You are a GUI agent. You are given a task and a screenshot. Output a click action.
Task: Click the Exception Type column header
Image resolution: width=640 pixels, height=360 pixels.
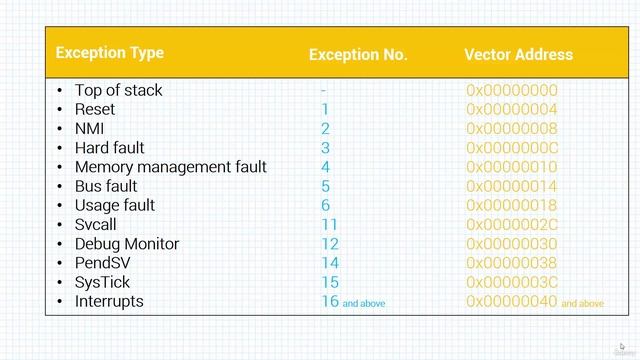point(109,53)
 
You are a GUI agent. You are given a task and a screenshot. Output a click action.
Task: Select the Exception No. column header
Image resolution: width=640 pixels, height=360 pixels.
point(358,55)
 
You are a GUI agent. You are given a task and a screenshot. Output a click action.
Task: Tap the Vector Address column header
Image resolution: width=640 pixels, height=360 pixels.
point(518,55)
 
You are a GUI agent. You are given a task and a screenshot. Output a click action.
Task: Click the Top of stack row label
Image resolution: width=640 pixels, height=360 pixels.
point(118,90)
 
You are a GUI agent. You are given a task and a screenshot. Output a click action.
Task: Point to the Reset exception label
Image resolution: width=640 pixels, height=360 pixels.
point(95,109)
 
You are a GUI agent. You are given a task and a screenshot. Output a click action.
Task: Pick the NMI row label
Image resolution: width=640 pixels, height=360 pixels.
point(89,128)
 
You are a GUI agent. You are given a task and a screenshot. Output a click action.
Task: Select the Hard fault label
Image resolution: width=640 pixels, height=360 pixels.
point(109,148)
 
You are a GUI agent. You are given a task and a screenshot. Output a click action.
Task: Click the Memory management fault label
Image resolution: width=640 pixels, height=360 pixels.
point(170,167)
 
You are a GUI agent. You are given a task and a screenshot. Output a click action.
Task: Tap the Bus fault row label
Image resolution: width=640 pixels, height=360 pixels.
point(106,186)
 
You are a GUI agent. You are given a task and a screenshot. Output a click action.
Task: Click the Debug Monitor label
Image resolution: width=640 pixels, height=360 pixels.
point(127,244)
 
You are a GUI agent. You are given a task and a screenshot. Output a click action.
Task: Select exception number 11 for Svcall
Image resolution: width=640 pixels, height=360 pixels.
point(330,225)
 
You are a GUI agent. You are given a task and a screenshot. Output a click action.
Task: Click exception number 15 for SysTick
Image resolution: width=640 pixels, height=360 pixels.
point(330,282)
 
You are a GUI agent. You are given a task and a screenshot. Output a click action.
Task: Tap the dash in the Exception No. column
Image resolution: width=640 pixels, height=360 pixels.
point(324,90)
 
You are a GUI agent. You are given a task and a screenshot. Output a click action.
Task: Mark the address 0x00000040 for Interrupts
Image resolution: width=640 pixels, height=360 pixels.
point(511,301)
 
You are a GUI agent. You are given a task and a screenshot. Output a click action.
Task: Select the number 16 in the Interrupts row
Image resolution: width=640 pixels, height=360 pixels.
point(330,301)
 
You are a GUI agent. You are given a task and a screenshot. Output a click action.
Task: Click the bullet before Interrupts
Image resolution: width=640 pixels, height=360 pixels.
point(60,302)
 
